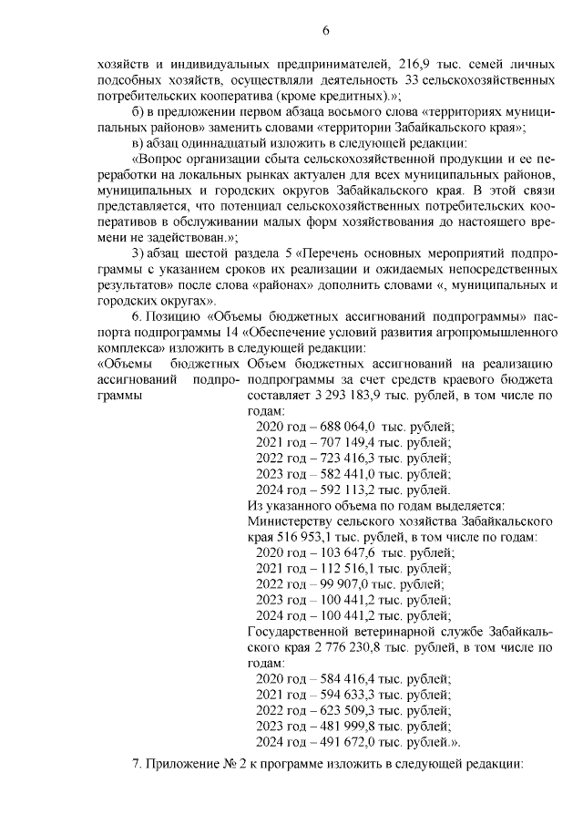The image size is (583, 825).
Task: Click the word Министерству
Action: (290, 521)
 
